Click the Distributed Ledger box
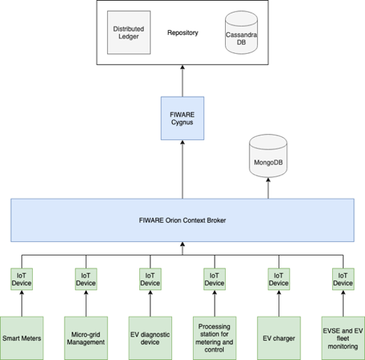(x=129, y=32)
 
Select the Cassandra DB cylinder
(x=241, y=32)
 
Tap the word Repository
(x=183, y=33)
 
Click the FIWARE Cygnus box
(x=182, y=119)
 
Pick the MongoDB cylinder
(x=268, y=156)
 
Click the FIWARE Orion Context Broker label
(x=182, y=220)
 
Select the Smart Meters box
(x=22, y=338)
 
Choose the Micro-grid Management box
(x=86, y=338)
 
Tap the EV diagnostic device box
(x=151, y=338)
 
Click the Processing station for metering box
(x=214, y=338)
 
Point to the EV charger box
(x=279, y=338)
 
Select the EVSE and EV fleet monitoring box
(x=343, y=338)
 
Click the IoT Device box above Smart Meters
(x=21, y=279)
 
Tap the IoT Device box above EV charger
(x=279, y=279)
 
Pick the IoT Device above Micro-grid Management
(x=86, y=279)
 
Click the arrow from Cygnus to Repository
(x=182, y=81)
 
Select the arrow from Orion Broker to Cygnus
(x=182, y=170)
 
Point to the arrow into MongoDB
(x=268, y=188)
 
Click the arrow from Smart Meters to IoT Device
(x=22, y=304)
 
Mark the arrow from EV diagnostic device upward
(x=151, y=304)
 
